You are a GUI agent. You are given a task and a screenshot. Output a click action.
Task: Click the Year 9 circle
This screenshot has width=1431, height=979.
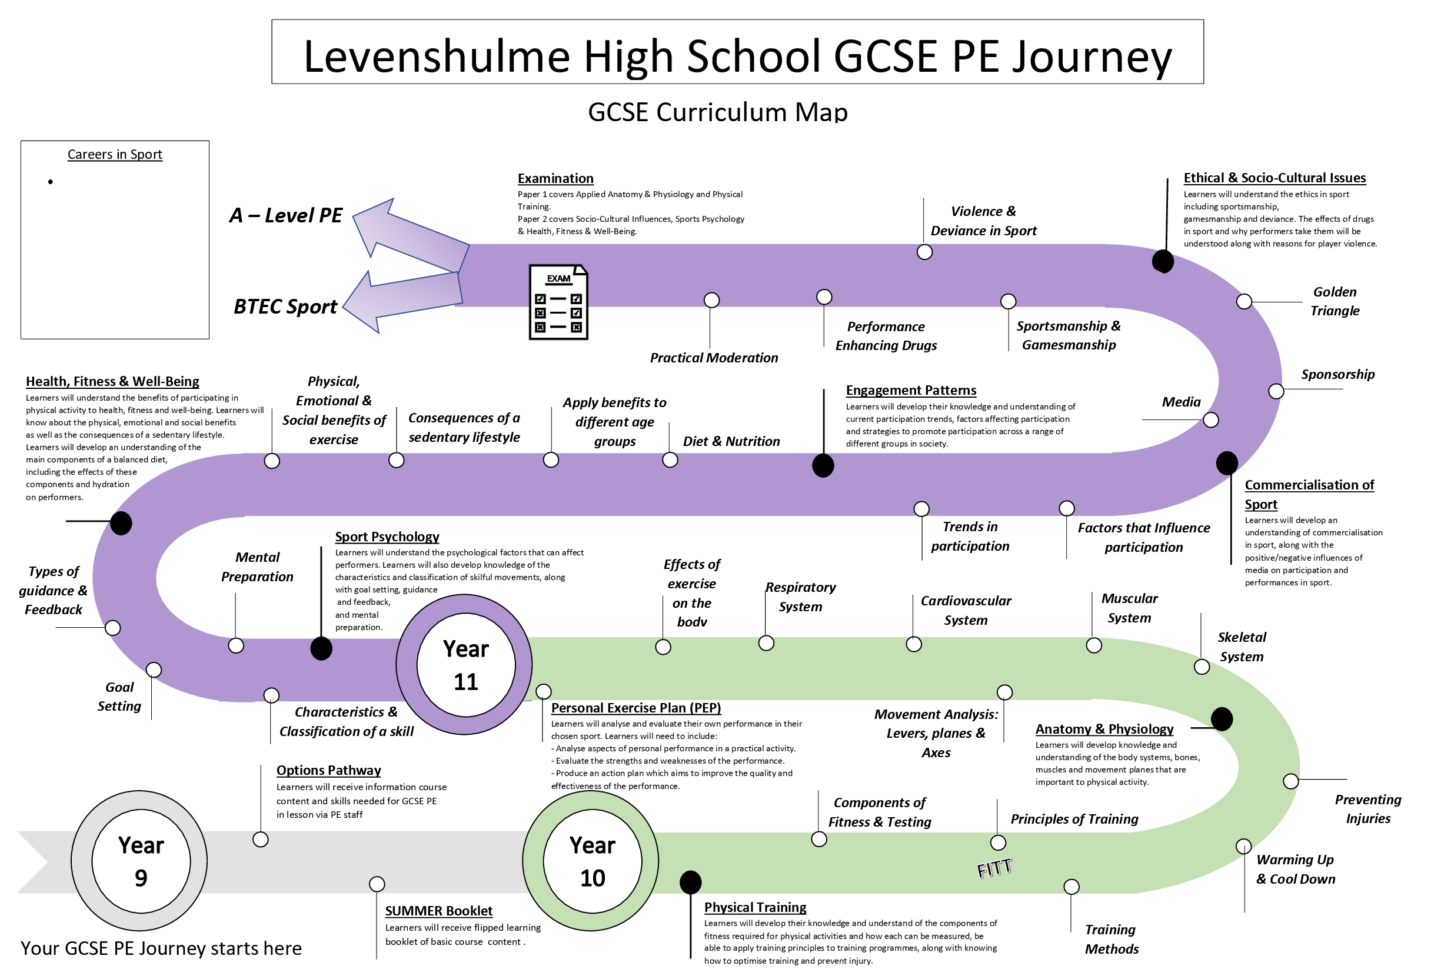pos(141,861)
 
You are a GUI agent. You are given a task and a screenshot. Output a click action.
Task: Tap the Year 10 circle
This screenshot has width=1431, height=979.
pos(592,861)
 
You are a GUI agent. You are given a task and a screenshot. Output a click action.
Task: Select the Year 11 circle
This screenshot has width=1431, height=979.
pos(465,665)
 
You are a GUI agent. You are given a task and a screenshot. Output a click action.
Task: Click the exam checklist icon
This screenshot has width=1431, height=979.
pos(558,302)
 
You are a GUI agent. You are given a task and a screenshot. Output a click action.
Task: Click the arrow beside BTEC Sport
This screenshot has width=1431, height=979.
pos(401,301)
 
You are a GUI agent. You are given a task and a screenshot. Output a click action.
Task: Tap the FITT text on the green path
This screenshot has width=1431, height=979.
pos(994,868)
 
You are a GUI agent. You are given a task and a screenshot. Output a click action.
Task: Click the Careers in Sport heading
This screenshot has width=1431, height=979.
pos(115,155)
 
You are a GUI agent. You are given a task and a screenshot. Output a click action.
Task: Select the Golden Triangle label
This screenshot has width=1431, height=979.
pos(1335,301)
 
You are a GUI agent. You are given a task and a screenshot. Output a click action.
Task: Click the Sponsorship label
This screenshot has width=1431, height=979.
pos(1337,374)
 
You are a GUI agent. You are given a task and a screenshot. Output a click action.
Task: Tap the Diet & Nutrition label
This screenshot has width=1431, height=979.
pos(731,441)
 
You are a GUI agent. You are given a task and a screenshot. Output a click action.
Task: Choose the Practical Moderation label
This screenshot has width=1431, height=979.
pos(714,358)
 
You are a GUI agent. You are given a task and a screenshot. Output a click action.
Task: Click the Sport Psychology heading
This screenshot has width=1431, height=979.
pos(387,537)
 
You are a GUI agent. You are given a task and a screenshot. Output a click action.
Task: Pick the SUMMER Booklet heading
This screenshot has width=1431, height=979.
pos(438,911)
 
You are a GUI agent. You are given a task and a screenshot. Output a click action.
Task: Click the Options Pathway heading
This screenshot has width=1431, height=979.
pos(328,770)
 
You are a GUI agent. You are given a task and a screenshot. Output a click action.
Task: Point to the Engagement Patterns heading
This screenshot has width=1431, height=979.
pos(911,391)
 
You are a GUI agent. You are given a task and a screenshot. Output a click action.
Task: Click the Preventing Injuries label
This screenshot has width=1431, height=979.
pos(1367,809)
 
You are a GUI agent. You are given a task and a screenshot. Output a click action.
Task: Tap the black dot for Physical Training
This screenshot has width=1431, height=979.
pos(690,883)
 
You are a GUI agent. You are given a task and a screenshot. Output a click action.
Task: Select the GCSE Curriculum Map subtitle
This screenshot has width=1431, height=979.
pos(717,112)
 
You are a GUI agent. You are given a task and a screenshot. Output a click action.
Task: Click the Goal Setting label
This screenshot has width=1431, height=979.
pos(119,697)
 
